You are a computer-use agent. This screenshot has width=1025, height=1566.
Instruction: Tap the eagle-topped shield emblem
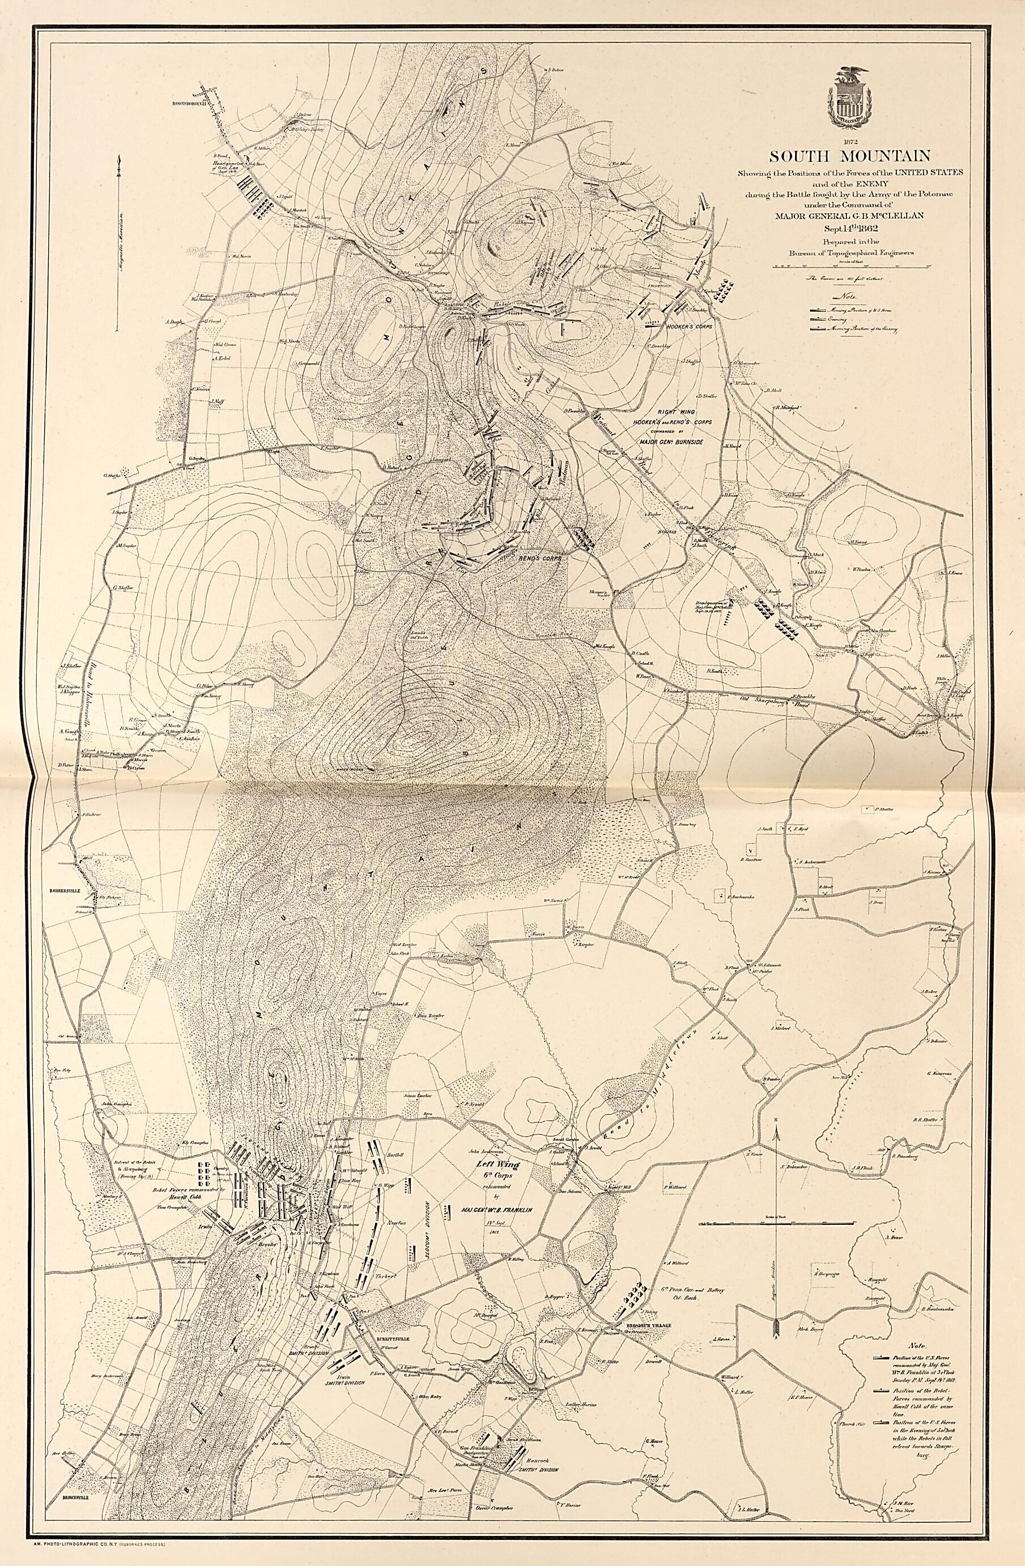point(849,97)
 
